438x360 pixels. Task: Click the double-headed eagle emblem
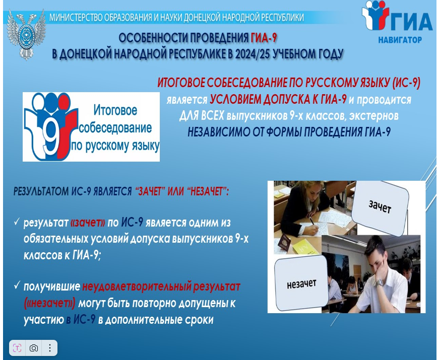[26, 35]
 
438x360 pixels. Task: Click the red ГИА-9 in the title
[264, 38]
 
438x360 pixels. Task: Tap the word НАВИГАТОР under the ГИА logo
[400, 40]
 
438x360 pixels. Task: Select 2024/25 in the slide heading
[253, 54]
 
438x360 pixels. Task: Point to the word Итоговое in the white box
[115, 110]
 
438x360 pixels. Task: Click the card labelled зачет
[380, 207]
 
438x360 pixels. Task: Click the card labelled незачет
[301, 284]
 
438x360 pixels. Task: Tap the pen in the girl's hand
[312, 222]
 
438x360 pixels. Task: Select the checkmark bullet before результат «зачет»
[17, 222]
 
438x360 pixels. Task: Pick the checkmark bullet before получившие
[17, 285]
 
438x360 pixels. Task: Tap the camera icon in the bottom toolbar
[34, 348]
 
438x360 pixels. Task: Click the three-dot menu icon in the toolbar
[50, 348]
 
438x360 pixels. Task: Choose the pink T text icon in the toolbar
[17, 348]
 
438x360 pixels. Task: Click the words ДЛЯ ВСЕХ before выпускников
[202, 115]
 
